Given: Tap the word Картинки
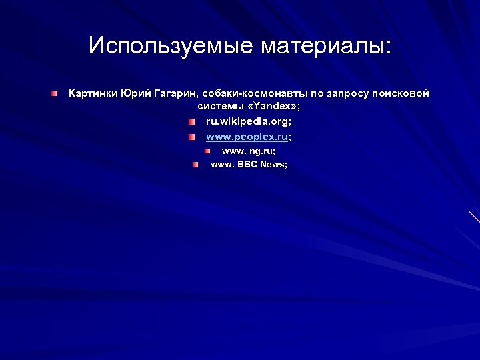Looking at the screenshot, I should pyautogui.click(x=93, y=93).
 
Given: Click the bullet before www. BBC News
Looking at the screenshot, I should pyautogui.click(x=196, y=164).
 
